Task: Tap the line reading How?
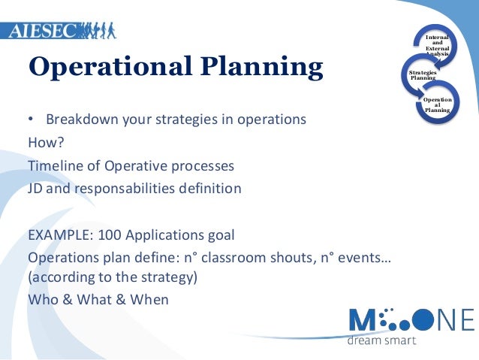tap(46, 143)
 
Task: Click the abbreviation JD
tap(35, 189)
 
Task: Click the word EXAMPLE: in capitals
tap(59, 234)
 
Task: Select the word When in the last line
tap(149, 298)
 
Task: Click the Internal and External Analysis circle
tap(438, 44)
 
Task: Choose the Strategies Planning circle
tap(422, 75)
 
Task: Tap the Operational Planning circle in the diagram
tap(438, 104)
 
